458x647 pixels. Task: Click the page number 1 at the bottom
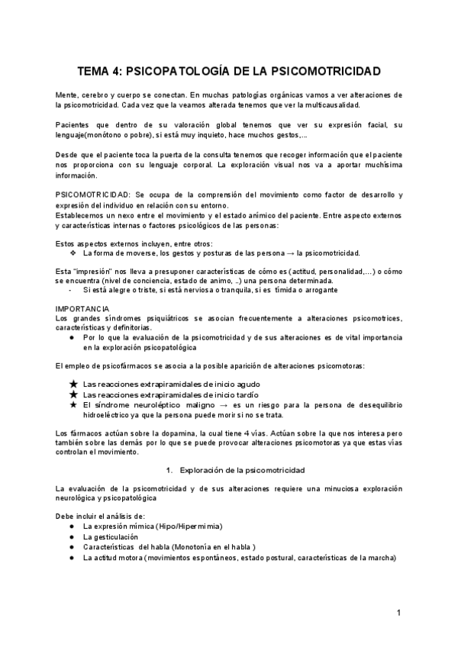398,613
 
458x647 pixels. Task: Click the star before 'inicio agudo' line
73,384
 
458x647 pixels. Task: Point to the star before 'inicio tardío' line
73,395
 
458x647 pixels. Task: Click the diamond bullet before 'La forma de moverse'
73,253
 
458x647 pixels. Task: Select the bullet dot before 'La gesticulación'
71,536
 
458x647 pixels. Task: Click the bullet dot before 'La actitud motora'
71,558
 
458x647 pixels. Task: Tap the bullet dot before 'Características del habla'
71,547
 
